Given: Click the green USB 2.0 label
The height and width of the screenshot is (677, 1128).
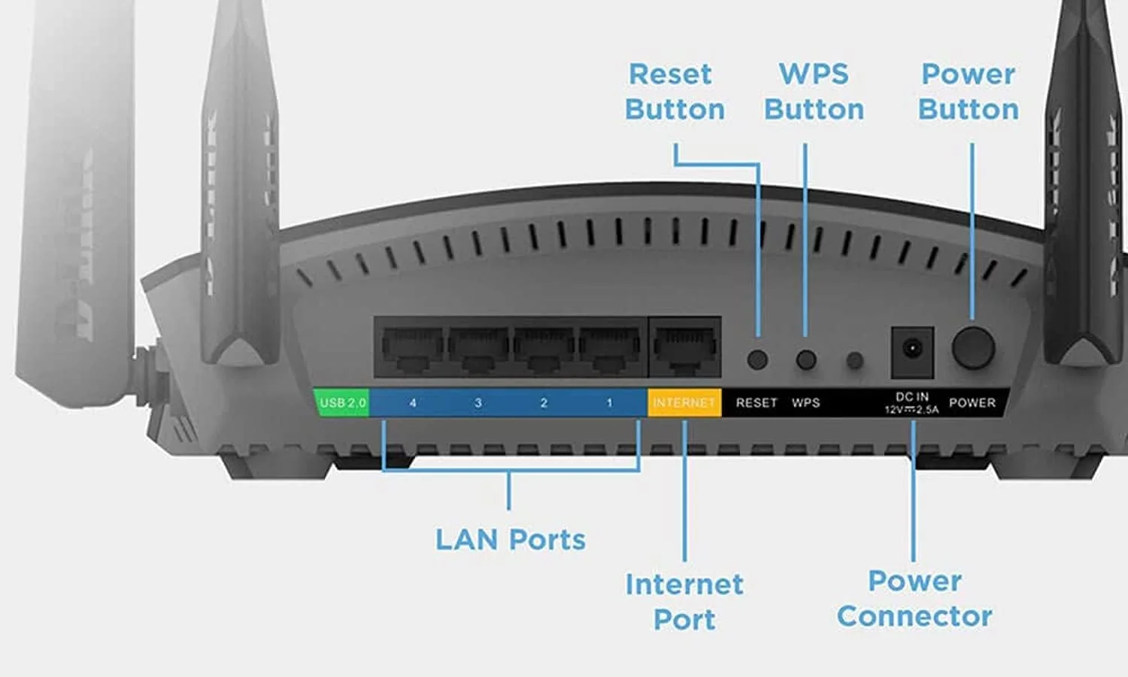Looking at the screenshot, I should [342, 402].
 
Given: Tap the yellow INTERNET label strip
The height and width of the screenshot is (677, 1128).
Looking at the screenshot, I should [684, 402].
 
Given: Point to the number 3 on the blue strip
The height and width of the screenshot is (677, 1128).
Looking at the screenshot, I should [478, 403].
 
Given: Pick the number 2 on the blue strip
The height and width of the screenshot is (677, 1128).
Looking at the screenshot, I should [544, 403].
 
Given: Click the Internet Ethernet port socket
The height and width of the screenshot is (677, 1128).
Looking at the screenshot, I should [684, 348].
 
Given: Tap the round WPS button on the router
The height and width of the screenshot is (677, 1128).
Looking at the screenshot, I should [805, 360].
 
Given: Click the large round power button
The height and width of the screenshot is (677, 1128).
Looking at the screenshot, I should [973, 348].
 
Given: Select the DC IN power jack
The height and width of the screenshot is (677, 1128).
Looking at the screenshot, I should [912, 351].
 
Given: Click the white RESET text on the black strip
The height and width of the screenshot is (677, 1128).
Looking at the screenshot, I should [757, 403].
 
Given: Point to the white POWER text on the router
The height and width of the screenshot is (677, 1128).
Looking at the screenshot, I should [972, 403].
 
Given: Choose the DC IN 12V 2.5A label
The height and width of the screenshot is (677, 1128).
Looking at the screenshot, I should [911, 403].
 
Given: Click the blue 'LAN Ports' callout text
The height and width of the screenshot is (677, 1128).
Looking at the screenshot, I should [510, 539].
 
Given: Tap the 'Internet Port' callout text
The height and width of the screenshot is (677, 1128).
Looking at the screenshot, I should [684, 601].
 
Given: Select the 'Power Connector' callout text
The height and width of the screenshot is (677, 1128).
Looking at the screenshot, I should [914, 598].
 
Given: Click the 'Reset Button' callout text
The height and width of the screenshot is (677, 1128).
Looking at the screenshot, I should [675, 92].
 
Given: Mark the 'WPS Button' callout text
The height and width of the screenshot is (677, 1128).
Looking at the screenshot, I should [814, 92].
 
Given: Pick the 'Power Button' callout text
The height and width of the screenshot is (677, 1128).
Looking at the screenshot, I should [969, 92].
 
